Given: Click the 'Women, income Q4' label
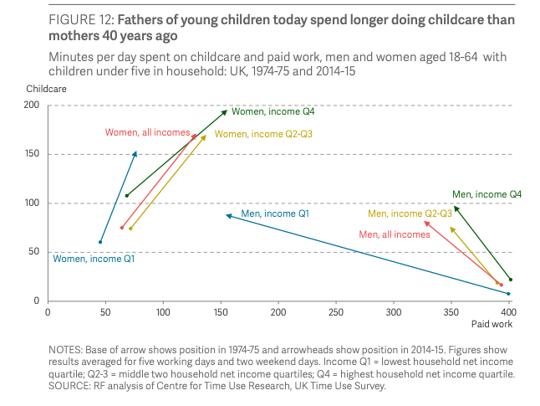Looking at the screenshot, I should click(x=273, y=111).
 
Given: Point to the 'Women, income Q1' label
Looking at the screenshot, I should click(x=94, y=259).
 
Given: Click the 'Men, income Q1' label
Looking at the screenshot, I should click(x=275, y=214).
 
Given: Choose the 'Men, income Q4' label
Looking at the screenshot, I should click(x=487, y=194).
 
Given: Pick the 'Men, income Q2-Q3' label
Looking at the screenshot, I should click(x=415, y=214).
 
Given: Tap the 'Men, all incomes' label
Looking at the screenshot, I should click(x=394, y=234).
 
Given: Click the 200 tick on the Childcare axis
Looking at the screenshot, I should click(x=32, y=105).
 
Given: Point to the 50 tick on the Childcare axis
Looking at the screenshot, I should click(x=34, y=252).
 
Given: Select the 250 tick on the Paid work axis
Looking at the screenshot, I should click(x=335, y=311).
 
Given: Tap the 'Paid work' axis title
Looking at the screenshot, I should click(x=491, y=324).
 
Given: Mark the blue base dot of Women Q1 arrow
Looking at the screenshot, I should click(x=100, y=243).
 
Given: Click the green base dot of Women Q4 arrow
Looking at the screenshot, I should click(x=126, y=196).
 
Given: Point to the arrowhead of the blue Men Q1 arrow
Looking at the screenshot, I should click(x=227, y=215).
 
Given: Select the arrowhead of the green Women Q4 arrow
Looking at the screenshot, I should click(x=225, y=110).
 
